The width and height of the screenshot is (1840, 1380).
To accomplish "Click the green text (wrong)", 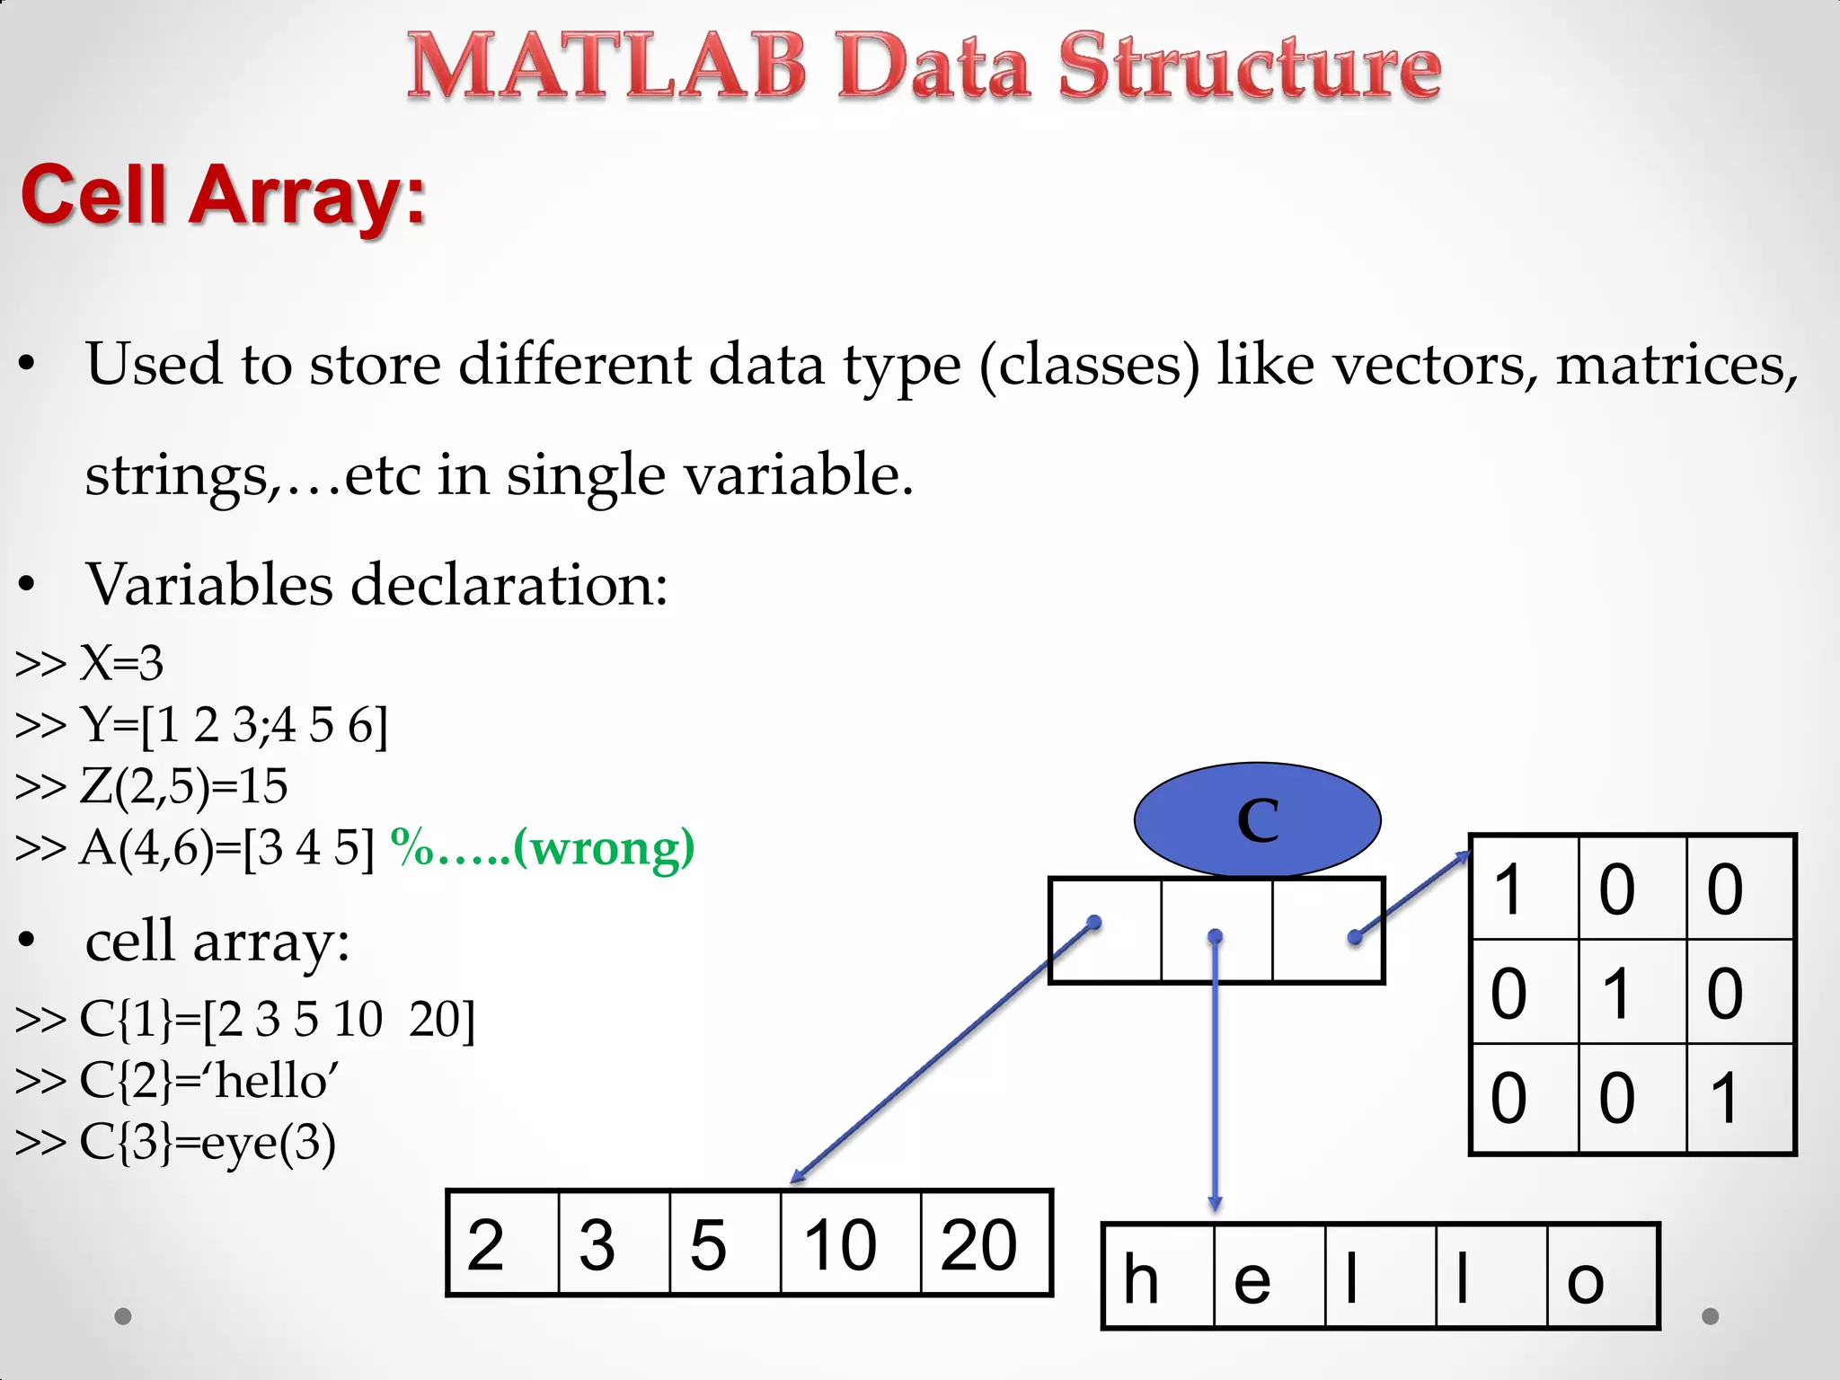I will click(604, 847).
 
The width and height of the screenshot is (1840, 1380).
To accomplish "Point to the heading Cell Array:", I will click(223, 195).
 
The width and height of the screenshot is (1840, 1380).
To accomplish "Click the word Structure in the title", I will click(1249, 66).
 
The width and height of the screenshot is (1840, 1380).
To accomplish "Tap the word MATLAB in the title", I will click(607, 66).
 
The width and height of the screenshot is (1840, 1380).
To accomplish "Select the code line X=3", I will click(90, 663).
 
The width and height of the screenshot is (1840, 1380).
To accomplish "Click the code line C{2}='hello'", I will click(178, 1080).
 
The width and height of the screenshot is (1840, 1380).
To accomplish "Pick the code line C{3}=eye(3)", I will click(176, 1142).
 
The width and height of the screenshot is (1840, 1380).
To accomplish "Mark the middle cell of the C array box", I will click(1216, 931).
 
